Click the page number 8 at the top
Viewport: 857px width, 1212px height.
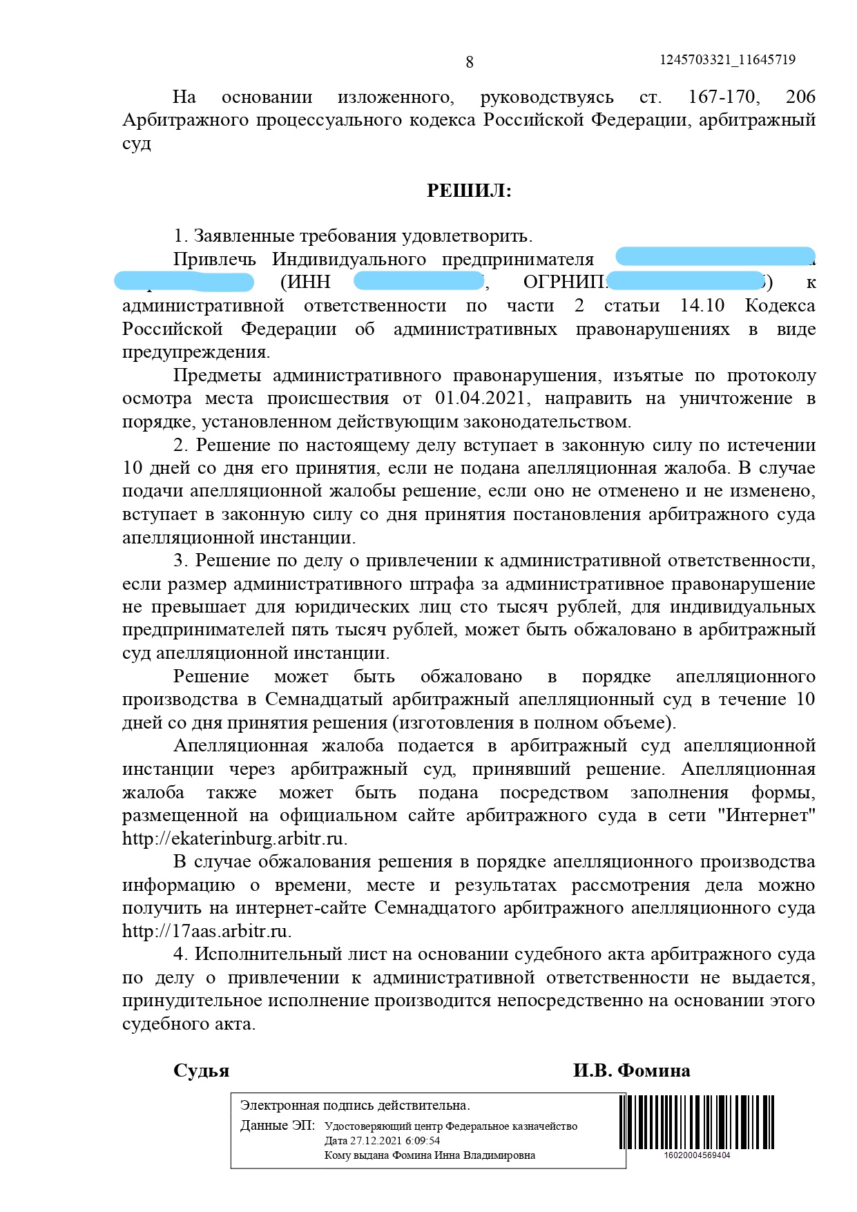tap(470, 63)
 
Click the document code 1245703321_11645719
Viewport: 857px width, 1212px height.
tap(727, 60)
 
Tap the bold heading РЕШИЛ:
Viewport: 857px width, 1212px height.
tap(470, 191)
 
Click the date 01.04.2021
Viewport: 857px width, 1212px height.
tap(480, 398)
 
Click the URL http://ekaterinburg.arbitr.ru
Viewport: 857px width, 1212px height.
tap(235, 839)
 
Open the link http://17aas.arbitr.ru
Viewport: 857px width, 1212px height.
tap(206, 932)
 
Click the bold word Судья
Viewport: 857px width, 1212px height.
tap(201, 1071)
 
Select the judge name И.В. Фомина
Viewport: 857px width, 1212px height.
tap(631, 1071)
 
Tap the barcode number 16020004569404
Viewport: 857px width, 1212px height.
tap(697, 1155)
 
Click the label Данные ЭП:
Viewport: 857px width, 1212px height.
tap(277, 1126)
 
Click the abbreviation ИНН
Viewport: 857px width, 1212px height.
tap(309, 282)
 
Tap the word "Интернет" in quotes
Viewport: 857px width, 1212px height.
tap(767, 816)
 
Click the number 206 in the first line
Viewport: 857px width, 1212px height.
tap(800, 97)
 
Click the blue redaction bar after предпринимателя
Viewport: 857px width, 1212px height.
tap(715, 256)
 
